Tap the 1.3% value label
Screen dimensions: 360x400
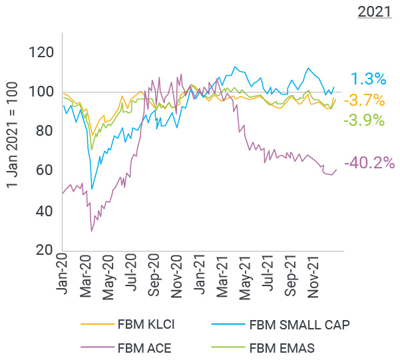click(368, 79)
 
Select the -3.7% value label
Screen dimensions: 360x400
click(366, 100)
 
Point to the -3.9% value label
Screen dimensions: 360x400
click(363, 120)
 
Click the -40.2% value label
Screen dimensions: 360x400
click(369, 163)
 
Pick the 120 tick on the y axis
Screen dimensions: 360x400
click(42, 53)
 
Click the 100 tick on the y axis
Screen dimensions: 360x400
click(42, 92)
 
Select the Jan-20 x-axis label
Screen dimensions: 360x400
click(65, 275)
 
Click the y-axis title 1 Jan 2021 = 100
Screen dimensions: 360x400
click(12, 142)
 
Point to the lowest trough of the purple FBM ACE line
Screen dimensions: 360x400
click(91, 231)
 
